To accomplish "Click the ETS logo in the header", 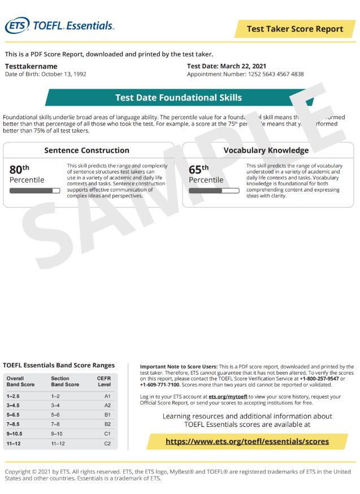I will point(17,25).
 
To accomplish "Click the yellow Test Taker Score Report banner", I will point(295,29).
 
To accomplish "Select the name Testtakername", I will point(31,66).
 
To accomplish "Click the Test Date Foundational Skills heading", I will point(178,97).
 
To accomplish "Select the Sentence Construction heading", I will point(86,150).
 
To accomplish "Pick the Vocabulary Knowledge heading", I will point(266,150).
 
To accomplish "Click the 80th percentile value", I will point(19,169).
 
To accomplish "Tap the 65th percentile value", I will point(198,169).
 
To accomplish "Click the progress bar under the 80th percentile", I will point(35,190).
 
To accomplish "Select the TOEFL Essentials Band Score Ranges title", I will point(59,365).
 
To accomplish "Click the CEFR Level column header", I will point(104,381).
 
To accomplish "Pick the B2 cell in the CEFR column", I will point(107,423).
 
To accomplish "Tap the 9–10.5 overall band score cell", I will point(17,434).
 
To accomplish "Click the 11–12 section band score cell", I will point(58,444).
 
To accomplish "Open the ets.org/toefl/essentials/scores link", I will point(247,441).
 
